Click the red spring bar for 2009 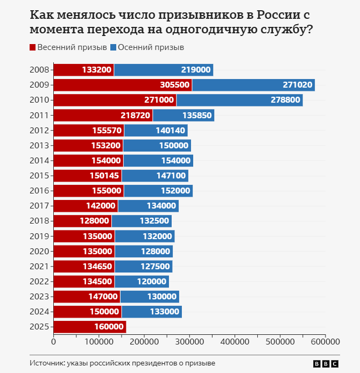coord(123,85)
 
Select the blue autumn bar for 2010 coord(239,100)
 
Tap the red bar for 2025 coord(90,327)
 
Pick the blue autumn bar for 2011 coord(183,115)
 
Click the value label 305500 coord(175,85)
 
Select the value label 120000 coord(151,282)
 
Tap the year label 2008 coord(40,70)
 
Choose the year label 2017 coord(40,206)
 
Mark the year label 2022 coord(40,282)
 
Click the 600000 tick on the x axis coord(325,341)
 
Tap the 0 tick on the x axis coord(54,341)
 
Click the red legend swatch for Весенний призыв coord(33,48)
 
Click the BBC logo coord(326,363)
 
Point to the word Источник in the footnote coord(47,363)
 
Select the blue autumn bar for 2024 coord(152,312)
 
